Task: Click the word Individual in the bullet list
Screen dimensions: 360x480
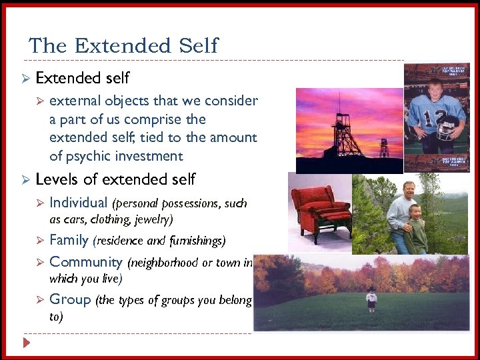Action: tap(78, 203)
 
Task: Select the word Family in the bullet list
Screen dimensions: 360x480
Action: tap(69, 240)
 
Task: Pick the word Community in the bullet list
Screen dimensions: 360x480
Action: tap(86, 262)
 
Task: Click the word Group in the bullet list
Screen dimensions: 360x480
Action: tap(70, 299)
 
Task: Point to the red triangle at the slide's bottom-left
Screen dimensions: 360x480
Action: tap(26, 343)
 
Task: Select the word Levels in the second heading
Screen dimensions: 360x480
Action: tap(57, 179)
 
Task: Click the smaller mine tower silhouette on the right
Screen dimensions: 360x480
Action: tap(384, 148)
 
